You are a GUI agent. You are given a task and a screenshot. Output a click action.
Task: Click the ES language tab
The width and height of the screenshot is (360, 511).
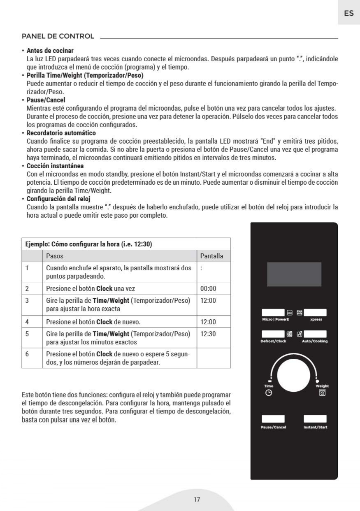click(348, 13)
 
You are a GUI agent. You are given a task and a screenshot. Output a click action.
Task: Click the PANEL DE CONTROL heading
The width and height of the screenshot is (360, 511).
click(58, 36)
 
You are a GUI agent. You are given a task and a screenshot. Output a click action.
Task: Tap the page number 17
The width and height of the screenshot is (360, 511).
click(197, 499)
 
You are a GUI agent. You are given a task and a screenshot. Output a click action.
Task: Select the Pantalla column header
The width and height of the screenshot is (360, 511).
click(211, 256)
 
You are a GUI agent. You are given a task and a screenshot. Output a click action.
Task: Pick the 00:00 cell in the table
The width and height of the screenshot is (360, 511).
click(208, 288)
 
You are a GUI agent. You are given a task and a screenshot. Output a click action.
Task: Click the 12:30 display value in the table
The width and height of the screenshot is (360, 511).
click(208, 334)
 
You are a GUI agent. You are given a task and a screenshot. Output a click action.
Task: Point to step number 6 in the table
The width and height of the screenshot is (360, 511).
click(27, 354)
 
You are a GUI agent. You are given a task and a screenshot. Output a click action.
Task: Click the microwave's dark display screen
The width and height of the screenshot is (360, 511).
click(294, 274)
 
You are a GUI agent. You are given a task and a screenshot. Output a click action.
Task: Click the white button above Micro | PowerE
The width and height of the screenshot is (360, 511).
click(273, 313)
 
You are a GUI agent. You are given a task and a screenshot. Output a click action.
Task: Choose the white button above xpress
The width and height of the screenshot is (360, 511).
click(315, 313)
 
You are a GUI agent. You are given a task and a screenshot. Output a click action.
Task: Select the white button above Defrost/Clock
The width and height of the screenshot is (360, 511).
click(273, 334)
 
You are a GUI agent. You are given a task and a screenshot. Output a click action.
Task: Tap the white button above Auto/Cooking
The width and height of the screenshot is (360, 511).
click(315, 334)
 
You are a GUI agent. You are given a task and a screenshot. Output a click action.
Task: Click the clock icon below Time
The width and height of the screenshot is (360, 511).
click(269, 393)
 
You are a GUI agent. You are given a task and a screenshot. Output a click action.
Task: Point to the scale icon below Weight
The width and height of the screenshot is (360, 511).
click(322, 393)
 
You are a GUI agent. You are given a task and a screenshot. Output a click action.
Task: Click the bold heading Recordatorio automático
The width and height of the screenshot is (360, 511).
click(61, 133)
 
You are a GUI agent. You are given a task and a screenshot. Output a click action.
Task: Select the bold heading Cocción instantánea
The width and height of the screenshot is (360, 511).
click(55, 166)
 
